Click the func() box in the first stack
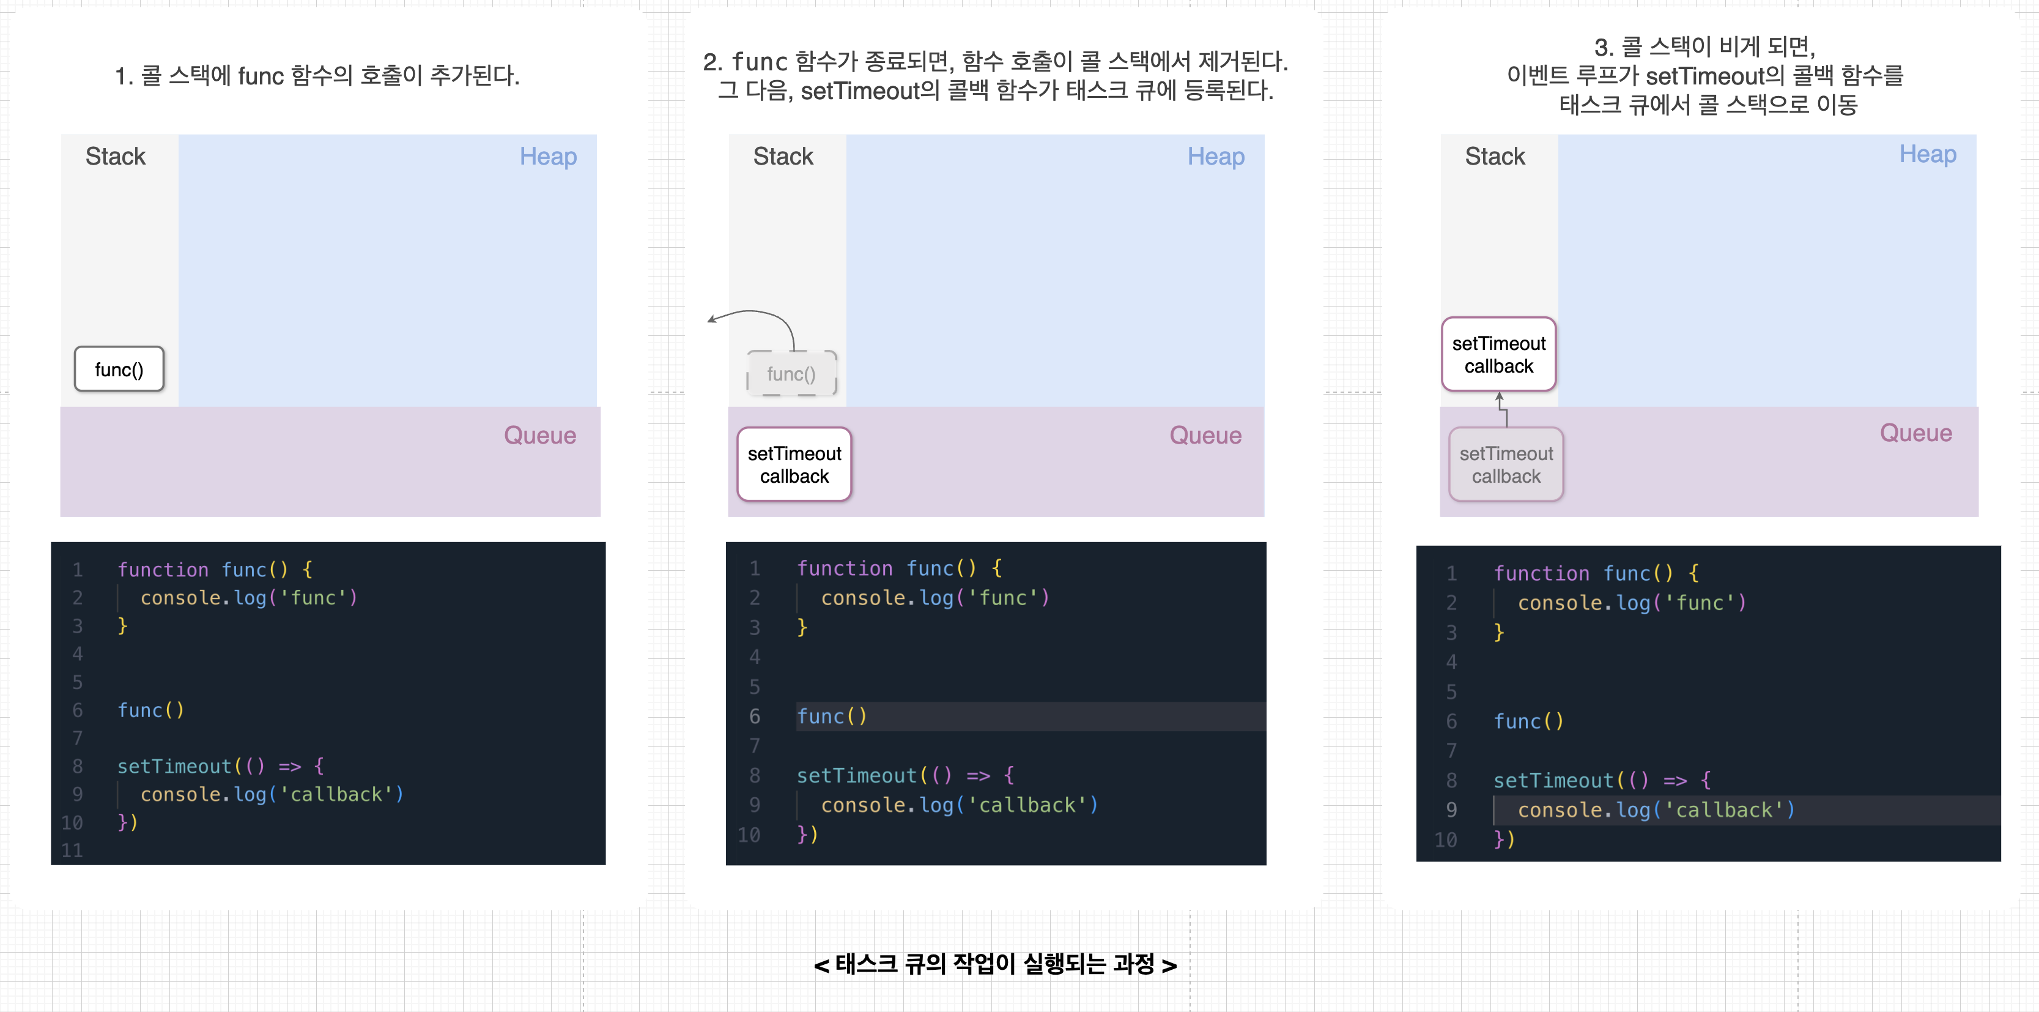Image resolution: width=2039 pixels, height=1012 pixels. (119, 369)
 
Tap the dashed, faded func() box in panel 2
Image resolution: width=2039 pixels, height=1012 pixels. (791, 374)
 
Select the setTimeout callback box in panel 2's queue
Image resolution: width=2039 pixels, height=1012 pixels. (794, 465)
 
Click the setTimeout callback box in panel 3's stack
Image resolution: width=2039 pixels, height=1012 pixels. (1498, 355)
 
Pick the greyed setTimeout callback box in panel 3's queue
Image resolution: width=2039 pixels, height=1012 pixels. (1506, 465)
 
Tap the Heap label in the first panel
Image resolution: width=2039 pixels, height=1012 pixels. (548, 157)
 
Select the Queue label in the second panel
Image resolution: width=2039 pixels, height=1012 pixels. (1205, 436)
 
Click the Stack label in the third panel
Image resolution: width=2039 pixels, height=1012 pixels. (1495, 157)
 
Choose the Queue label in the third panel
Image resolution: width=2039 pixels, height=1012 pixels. (1915, 433)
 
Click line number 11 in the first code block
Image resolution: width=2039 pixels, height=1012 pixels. (72, 850)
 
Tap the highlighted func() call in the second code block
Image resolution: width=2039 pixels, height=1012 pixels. (831, 716)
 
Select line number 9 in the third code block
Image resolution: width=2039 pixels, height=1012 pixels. (1451, 810)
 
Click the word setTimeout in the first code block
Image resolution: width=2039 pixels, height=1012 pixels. (174, 767)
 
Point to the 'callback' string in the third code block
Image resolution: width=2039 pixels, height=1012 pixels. (1724, 810)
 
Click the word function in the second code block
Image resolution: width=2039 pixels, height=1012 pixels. (844, 568)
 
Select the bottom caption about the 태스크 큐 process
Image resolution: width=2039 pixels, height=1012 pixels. (995, 964)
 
